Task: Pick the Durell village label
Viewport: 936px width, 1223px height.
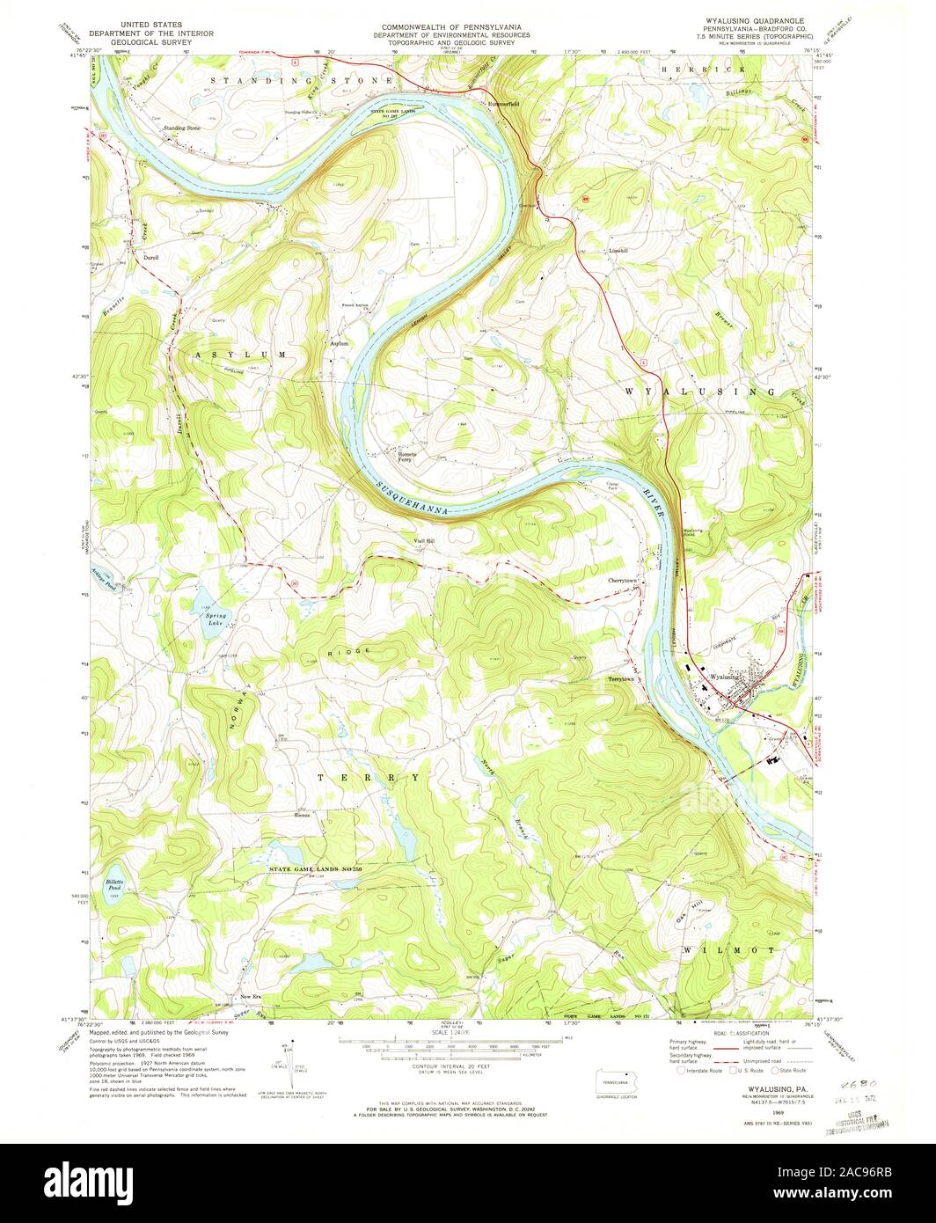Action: pyautogui.click(x=150, y=258)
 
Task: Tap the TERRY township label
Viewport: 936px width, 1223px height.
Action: pyautogui.click(x=369, y=778)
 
